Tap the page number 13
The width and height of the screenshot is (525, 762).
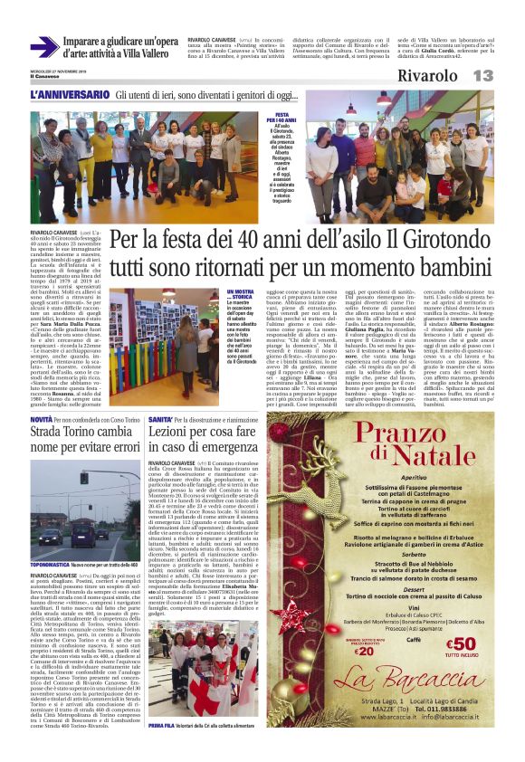[x=482, y=75]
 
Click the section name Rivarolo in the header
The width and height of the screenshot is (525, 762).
[x=432, y=75]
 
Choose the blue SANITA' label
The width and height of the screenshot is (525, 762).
[x=158, y=420]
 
